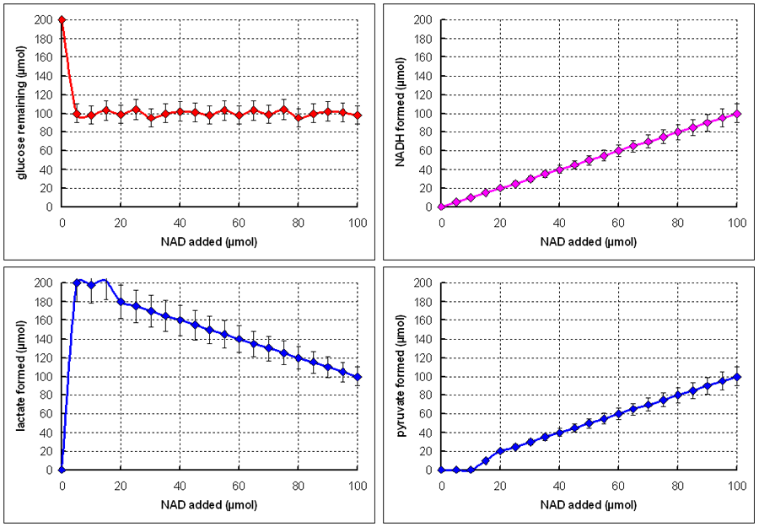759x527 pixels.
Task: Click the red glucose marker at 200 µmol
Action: tap(62, 19)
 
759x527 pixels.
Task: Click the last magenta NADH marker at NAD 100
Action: tap(737, 113)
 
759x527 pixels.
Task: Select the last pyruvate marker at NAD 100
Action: tap(737, 376)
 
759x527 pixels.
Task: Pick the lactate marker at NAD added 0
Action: tap(62, 470)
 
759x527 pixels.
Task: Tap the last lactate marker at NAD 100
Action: tap(358, 377)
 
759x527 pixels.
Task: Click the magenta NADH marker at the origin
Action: tap(441, 207)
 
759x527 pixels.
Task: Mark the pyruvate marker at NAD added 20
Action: tap(500, 451)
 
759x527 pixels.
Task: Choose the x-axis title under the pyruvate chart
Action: tap(589, 505)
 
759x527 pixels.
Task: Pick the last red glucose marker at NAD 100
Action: tap(358, 116)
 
